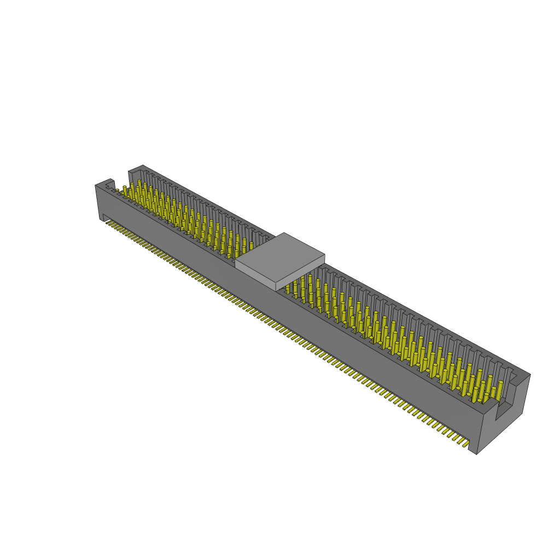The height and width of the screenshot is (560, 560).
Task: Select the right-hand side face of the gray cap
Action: (x=301, y=276)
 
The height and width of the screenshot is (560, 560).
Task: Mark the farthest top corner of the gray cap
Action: (x=284, y=233)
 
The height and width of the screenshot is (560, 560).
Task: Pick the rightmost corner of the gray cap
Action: (x=325, y=254)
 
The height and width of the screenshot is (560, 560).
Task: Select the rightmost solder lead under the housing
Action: (x=463, y=442)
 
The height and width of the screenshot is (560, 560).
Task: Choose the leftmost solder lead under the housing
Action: (x=107, y=222)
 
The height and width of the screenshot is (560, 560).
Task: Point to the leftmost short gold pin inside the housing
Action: (x=117, y=191)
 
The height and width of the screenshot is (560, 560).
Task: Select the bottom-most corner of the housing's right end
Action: (x=477, y=454)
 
